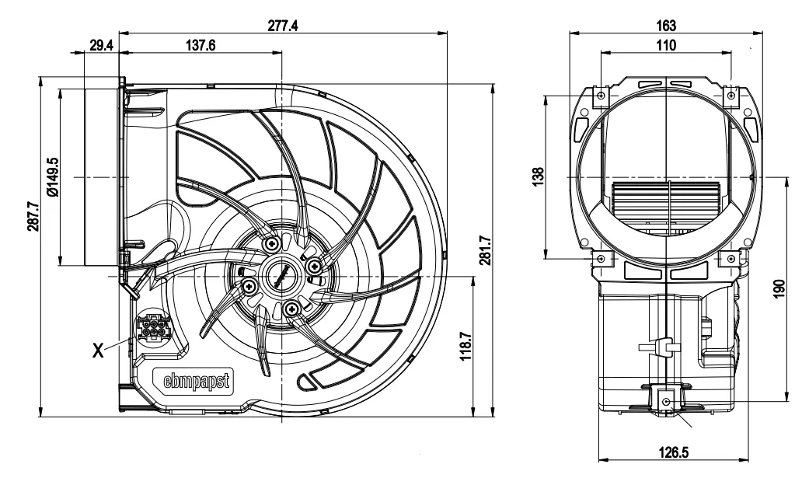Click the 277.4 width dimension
pyautogui.click(x=282, y=26)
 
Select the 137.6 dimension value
pyautogui.click(x=200, y=45)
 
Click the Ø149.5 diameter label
pyautogui.click(x=52, y=177)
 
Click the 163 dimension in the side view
pyautogui.click(x=666, y=26)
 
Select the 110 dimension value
pyautogui.click(x=666, y=45)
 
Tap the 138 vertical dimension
pyautogui.click(x=539, y=177)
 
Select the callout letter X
pyautogui.click(x=99, y=351)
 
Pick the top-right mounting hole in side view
pyautogui.click(x=731, y=96)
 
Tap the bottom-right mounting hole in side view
pyautogui.click(x=731, y=257)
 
